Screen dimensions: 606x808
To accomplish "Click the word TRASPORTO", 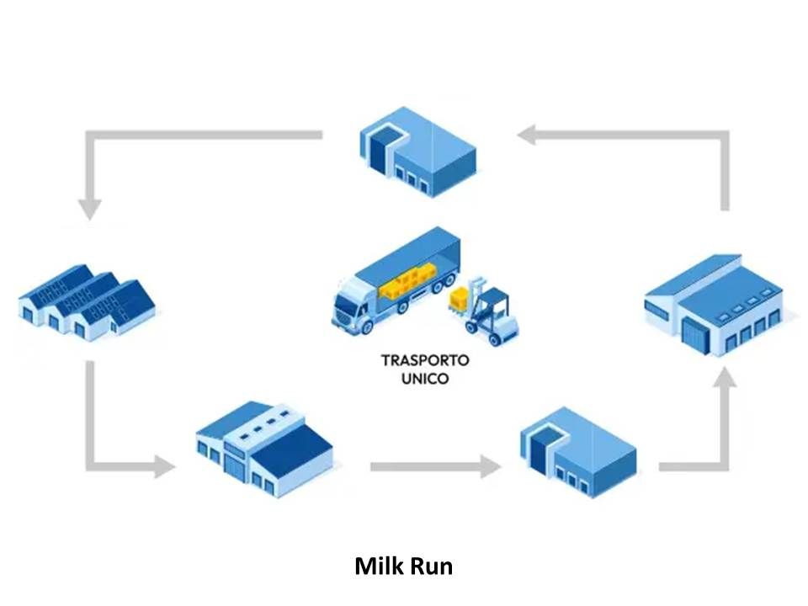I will tap(425, 360).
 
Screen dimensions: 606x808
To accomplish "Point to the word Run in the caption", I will tap(431, 566).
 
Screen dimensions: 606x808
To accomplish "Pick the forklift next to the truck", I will tap(492, 312).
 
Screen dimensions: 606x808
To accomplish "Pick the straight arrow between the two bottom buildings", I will tap(434, 465).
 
